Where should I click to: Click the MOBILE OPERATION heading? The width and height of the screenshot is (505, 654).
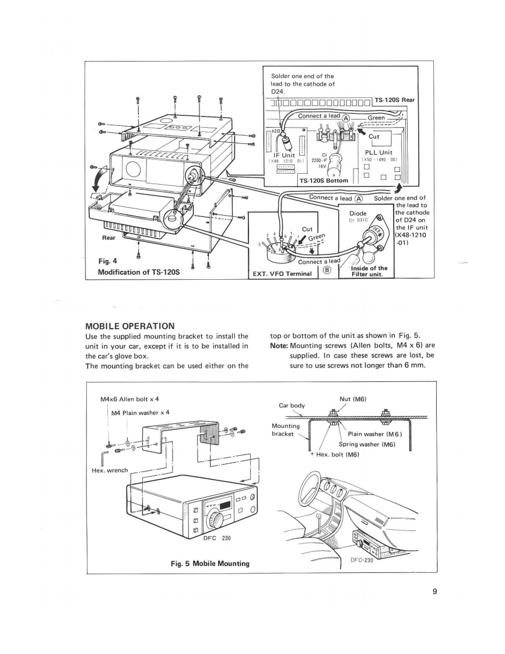[x=130, y=325]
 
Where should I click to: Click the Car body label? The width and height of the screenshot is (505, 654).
[x=292, y=405]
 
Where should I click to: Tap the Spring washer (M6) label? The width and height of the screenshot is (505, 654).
[x=367, y=444]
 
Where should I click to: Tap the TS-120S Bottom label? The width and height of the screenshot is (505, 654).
[x=323, y=180]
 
